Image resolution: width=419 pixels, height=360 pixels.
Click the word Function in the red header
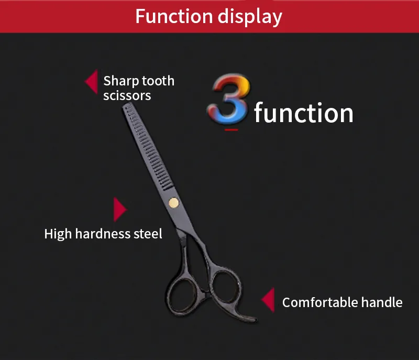(174, 16)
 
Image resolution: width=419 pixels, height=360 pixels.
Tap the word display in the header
(250, 17)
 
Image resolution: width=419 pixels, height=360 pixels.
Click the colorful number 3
(229, 99)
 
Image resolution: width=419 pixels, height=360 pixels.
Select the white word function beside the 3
(304, 113)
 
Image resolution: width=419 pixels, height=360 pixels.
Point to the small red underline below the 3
(231, 130)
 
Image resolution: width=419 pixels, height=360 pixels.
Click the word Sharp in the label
(121, 81)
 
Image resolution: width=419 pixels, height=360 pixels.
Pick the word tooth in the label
(158, 81)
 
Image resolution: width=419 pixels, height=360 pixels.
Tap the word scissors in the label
(127, 95)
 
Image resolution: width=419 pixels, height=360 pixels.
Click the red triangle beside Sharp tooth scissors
(91, 82)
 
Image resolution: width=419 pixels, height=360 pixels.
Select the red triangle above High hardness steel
(120, 210)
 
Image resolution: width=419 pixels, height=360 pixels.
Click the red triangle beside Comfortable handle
(268, 300)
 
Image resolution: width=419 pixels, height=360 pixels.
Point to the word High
(58, 234)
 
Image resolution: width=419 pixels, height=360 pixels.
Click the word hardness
(103, 234)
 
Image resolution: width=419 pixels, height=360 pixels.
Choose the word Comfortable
(320, 302)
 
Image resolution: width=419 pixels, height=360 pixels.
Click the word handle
(382, 302)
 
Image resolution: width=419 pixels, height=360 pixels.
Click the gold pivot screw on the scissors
(174, 203)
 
